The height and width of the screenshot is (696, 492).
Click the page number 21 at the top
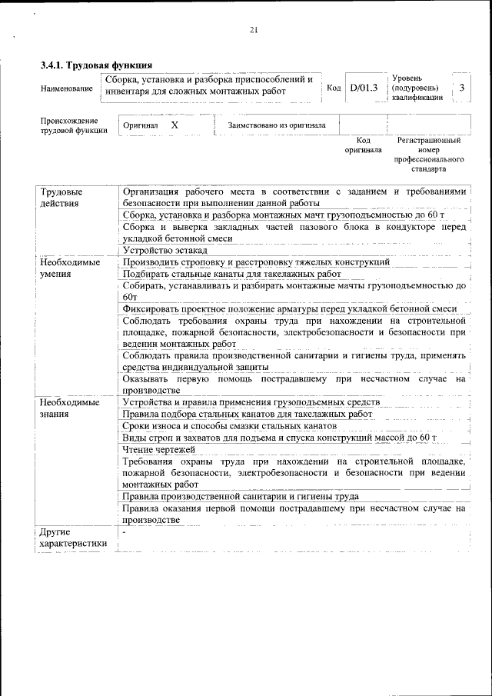click(x=254, y=30)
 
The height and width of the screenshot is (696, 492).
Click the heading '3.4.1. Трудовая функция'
click(x=96, y=65)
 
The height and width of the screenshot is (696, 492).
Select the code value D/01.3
click(x=363, y=88)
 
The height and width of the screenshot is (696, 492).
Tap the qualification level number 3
click(x=461, y=88)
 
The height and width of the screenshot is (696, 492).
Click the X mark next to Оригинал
click(x=175, y=124)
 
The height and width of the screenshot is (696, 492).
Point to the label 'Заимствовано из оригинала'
click(x=277, y=125)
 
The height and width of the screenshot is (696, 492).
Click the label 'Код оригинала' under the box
click(x=363, y=145)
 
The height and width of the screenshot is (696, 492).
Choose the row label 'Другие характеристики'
click(x=73, y=538)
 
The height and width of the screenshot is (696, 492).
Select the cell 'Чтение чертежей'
click(x=159, y=449)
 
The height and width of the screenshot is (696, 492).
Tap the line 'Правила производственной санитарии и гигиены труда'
click(x=241, y=496)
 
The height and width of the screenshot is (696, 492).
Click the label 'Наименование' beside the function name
click(x=67, y=89)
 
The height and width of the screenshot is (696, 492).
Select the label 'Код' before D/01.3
click(x=334, y=88)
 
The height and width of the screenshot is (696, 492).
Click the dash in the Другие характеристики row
click(x=124, y=532)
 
